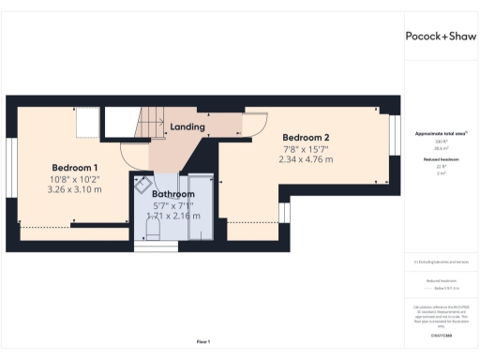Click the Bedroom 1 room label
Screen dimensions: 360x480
(74, 167)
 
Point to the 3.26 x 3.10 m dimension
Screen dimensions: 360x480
(74, 189)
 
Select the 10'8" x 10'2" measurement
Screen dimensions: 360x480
(74, 178)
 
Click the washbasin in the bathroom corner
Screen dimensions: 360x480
(147, 185)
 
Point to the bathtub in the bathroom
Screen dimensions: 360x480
(200, 208)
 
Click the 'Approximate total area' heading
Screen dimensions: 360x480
(439, 135)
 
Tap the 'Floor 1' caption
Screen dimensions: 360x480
(202, 340)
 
